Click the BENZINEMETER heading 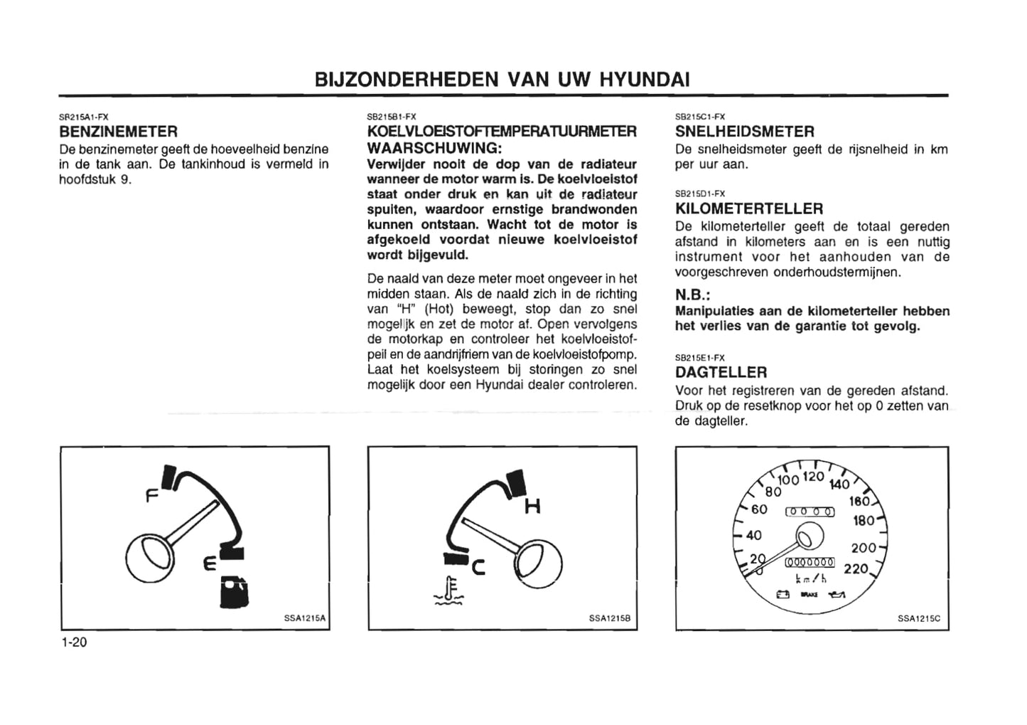tap(118, 132)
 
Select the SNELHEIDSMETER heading tap(744, 132)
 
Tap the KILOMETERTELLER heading tap(749, 209)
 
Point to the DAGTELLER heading tap(721, 372)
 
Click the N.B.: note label tap(693, 295)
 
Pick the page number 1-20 tap(74, 642)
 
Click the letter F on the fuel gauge tap(151, 496)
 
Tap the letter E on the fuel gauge tap(210, 564)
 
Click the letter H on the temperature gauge tap(532, 507)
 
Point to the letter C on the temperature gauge tap(478, 567)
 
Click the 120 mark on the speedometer tap(813, 477)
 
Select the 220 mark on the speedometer tap(856, 569)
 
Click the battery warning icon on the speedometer tap(783, 595)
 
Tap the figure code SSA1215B tap(610, 619)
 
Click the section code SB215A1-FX tap(83, 117)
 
